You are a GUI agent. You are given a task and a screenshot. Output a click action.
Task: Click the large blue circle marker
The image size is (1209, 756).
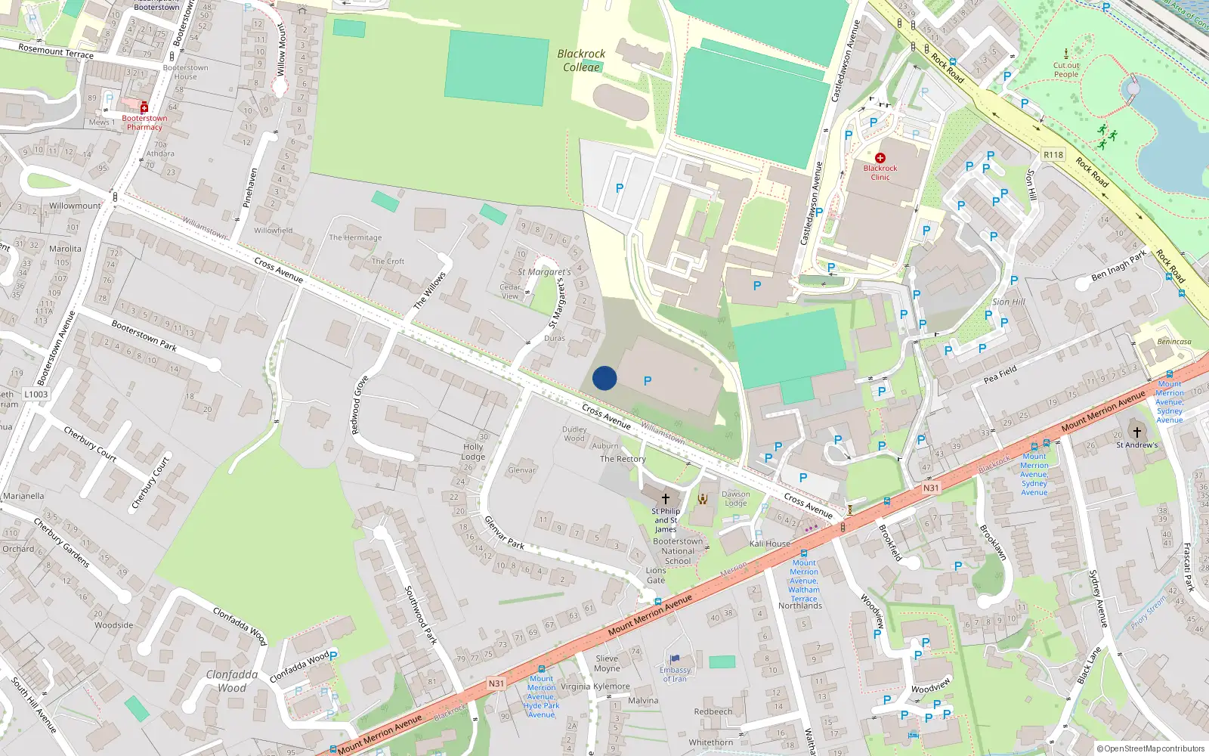(x=604, y=378)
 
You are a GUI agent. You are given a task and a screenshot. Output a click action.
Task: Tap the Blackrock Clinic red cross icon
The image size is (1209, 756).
(x=880, y=158)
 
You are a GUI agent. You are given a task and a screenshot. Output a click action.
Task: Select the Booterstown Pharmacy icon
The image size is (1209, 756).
(x=144, y=107)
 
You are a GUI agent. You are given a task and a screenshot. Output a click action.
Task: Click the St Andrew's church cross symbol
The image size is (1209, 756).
(x=1136, y=432)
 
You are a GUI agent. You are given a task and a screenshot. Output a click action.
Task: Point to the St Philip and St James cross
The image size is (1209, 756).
(x=665, y=499)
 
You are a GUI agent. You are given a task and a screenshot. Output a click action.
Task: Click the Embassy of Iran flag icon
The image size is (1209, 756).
(x=675, y=659)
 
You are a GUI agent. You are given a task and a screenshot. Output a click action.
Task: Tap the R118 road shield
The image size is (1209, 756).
(x=1053, y=155)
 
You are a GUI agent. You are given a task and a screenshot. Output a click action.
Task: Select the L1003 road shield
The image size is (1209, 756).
(x=36, y=394)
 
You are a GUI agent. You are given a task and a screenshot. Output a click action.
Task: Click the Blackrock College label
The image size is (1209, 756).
(x=581, y=60)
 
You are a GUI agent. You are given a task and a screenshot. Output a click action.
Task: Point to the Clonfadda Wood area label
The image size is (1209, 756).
(x=232, y=680)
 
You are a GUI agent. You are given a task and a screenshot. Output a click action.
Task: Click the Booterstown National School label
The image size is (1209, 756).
(x=678, y=551)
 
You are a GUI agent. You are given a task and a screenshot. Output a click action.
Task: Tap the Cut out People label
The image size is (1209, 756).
(x=1066, y=70)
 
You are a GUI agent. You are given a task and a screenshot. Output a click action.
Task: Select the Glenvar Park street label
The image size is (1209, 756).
(x=504, y=532)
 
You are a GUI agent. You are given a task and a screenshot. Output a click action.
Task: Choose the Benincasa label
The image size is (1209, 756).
(x=1174, y=342)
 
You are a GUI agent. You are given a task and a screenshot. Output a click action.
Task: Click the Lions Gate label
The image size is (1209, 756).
(x=656, y=575)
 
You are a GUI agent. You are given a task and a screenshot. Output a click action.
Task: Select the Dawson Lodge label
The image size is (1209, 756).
(x=736, y=498)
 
